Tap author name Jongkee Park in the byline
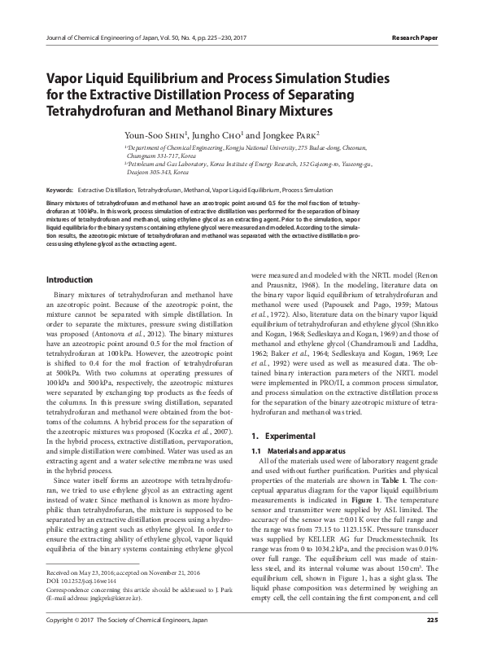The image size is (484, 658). pyautogui.click(x=290, y=132)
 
